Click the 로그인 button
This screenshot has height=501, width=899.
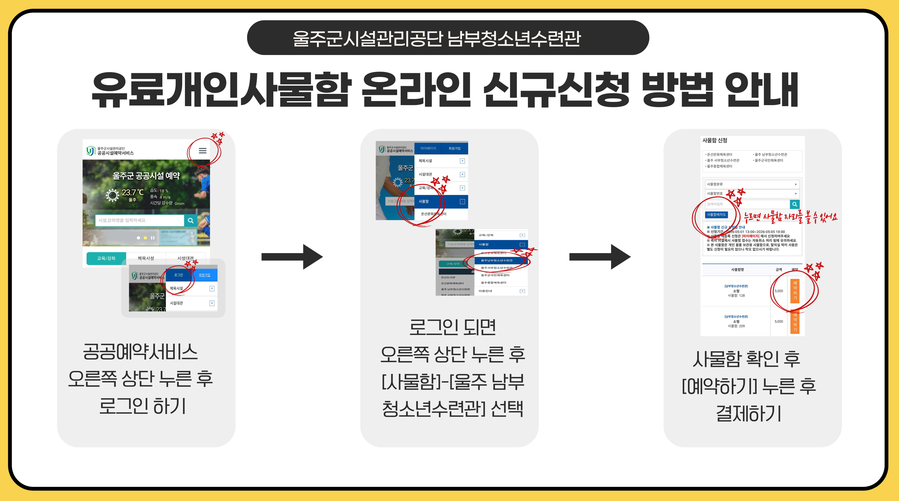178,275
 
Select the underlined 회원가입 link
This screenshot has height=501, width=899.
204,275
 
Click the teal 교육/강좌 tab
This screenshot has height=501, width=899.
106,258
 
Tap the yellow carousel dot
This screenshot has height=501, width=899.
145,238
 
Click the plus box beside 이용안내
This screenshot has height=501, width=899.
522,291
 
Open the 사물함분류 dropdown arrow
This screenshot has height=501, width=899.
795,184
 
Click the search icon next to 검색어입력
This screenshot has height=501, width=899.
794,204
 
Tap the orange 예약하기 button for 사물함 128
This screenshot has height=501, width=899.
795,291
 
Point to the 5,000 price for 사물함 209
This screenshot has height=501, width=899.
779,322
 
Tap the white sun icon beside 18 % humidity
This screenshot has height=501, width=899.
112,195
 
